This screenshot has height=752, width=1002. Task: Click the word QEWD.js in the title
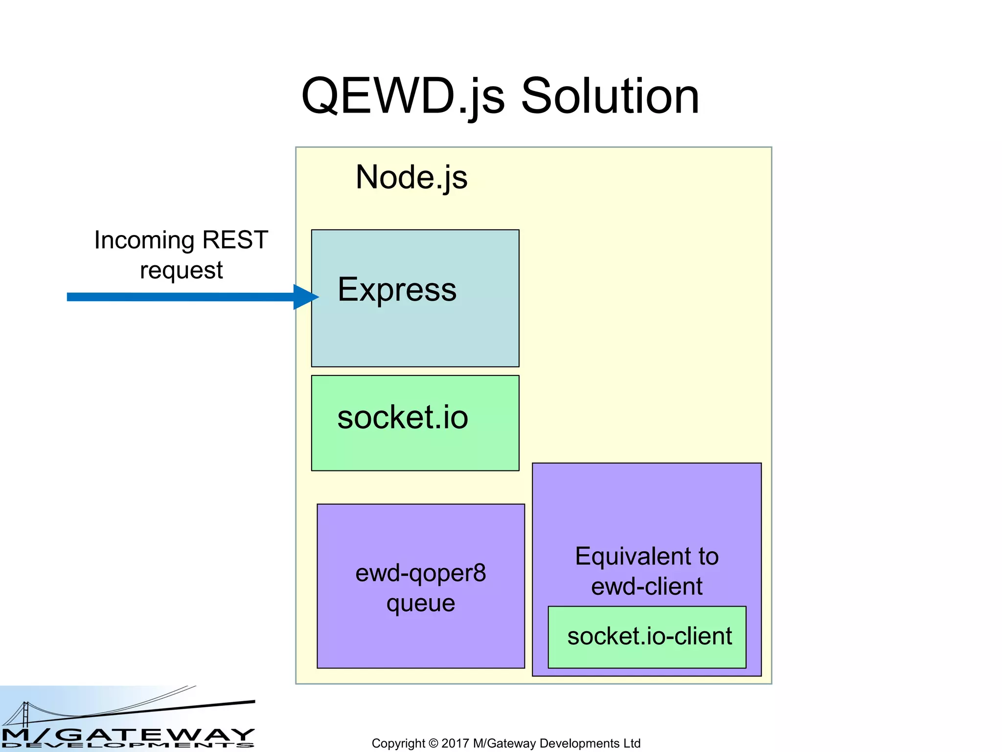(x=402, y=96)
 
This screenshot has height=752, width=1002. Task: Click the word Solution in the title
(x=610, y=96)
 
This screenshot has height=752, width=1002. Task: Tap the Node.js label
(x=411, y=177)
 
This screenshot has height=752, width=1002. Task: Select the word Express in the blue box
(x=397, y=289)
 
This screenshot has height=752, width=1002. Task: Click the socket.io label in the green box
(x=402, y=418)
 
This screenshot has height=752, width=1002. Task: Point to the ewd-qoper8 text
(x=420, y=573)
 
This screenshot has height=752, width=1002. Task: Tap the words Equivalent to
(x=646, y=557)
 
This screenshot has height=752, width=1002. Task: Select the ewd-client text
(x=646, y=587)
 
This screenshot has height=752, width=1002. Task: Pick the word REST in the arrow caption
(x=235, y=240)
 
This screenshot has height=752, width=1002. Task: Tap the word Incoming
(x=144, y=240)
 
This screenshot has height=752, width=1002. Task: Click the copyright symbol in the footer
(x=433, y=743)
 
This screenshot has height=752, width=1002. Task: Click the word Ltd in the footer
(x=632, y=743)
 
